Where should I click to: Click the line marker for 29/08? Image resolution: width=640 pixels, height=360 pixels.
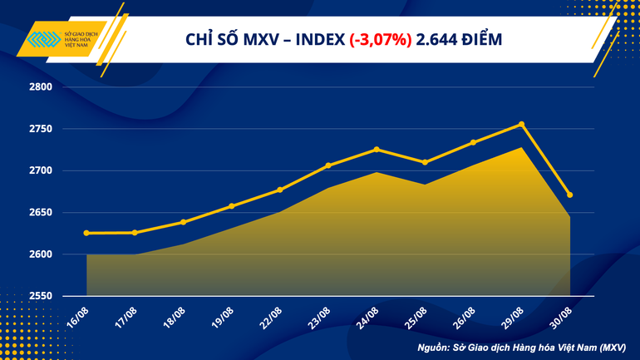click(521, 125)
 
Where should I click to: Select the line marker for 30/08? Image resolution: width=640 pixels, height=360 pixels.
click(569, 195)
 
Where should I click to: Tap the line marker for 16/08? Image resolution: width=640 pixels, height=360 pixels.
click(86, 233)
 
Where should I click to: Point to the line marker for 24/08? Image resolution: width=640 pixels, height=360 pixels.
click(377, 150)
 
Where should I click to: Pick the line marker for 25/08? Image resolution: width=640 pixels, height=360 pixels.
click(425, 162)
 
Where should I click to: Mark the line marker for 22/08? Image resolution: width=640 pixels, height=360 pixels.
click(280, 190)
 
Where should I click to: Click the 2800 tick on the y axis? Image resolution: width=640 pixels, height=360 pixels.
click(41, 87)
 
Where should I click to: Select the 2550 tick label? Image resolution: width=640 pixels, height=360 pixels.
click(41, 296)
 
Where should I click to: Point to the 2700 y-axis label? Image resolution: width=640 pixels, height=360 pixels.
click(41, 170)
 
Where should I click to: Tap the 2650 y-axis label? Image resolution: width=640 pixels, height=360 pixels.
click(41, 213)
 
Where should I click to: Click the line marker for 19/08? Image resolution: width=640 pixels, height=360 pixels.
click(231, 206)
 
